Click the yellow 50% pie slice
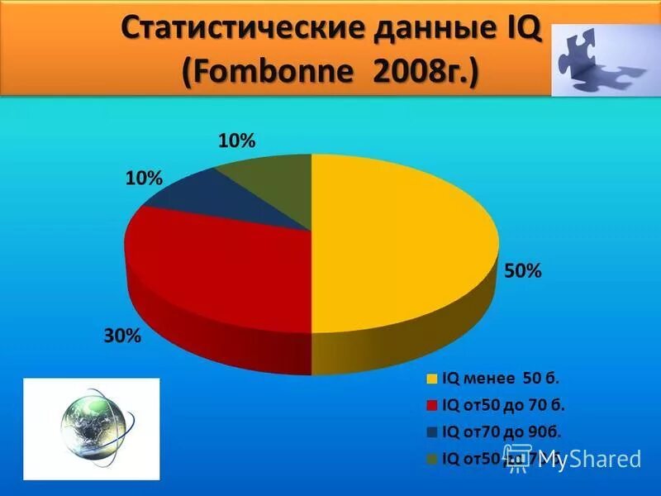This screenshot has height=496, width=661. click(397, 240)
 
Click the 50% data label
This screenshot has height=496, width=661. click(523, 271)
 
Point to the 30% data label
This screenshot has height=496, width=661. click(122, 336)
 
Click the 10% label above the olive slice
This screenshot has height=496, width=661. click(236, 141)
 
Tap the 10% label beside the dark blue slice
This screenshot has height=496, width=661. click(144, 178)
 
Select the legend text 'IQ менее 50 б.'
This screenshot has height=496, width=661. click(502, 379)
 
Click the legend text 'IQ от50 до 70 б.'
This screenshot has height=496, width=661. click(504, 405)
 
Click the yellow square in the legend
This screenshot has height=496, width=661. click(432, 380)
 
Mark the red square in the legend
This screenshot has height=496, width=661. click(432, 406)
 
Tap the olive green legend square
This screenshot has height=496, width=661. click(432, 458)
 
